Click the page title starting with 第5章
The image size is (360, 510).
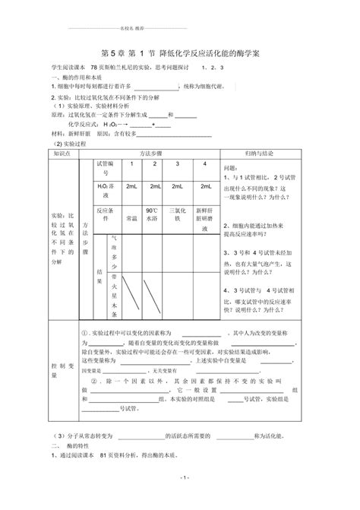click(180, 54)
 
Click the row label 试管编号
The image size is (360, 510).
click(105, 168)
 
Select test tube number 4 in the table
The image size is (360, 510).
click(204, 164)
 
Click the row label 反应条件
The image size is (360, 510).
click(105, 209)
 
